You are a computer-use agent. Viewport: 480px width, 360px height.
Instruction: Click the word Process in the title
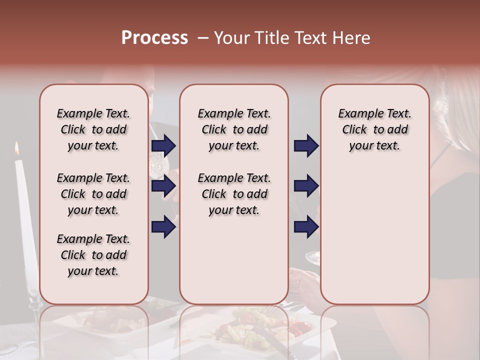(154, 38)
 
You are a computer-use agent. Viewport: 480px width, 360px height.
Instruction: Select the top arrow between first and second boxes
(163, 145)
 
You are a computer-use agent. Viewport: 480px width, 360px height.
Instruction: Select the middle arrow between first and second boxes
(163, 186)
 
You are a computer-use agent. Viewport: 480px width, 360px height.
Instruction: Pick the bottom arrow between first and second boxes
(163, 227)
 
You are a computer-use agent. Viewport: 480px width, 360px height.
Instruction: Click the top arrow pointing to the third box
(306, 145)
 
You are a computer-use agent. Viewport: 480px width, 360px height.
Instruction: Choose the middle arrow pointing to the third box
(306, 186)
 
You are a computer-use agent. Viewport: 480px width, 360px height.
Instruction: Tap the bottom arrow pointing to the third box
(306, 227)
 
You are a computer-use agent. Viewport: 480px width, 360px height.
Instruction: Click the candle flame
(17, 148)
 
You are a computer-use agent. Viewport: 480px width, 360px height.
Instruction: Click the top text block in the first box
(93, 129)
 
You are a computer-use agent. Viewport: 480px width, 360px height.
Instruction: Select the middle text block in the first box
(93, 194)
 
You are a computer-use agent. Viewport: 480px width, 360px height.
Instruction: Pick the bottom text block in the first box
(93, 255)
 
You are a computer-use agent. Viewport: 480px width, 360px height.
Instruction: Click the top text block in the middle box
(234, 129)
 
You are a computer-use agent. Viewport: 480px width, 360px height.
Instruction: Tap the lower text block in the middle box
(234, 194)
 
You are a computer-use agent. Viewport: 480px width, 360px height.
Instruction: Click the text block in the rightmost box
(375, 129)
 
